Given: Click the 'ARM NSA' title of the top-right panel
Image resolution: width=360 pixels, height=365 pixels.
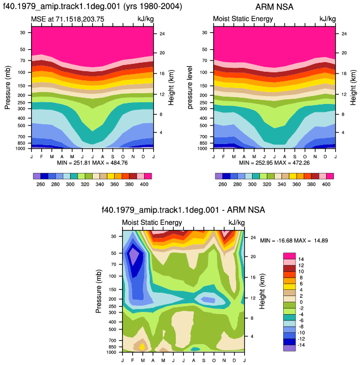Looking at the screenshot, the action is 274,7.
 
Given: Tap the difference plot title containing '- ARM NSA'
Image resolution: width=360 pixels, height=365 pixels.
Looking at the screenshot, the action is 183,210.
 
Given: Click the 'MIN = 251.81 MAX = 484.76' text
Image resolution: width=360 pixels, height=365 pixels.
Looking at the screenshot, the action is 92,163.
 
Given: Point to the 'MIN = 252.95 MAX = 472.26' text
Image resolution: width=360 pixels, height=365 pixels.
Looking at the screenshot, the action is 274,163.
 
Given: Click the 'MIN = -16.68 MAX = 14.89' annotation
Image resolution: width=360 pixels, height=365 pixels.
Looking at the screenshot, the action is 294,241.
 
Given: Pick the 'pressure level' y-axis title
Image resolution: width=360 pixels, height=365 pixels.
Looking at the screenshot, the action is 190,88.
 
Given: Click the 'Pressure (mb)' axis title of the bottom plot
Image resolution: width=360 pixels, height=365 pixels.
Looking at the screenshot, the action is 99,291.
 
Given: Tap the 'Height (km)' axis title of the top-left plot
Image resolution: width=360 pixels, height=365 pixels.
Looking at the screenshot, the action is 171,88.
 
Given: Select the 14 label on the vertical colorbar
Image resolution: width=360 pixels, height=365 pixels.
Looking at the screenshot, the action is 301,259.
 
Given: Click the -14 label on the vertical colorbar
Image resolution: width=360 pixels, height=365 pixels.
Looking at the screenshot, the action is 301,345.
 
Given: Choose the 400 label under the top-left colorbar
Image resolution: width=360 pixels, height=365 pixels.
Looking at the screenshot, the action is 144,184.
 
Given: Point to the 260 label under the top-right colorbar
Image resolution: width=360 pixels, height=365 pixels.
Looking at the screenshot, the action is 223,184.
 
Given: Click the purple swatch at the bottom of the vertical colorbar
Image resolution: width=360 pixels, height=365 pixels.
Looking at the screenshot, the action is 289,348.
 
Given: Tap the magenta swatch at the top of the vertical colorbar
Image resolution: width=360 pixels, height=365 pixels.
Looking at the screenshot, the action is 289,256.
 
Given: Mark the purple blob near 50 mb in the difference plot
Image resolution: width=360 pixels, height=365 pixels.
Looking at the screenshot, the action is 134,255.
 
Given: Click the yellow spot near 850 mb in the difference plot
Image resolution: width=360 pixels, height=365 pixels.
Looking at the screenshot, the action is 142,347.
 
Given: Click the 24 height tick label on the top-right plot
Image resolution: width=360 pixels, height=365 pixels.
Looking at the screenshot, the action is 344,34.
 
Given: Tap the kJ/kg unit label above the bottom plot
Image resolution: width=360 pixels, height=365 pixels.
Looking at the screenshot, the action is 237,223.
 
